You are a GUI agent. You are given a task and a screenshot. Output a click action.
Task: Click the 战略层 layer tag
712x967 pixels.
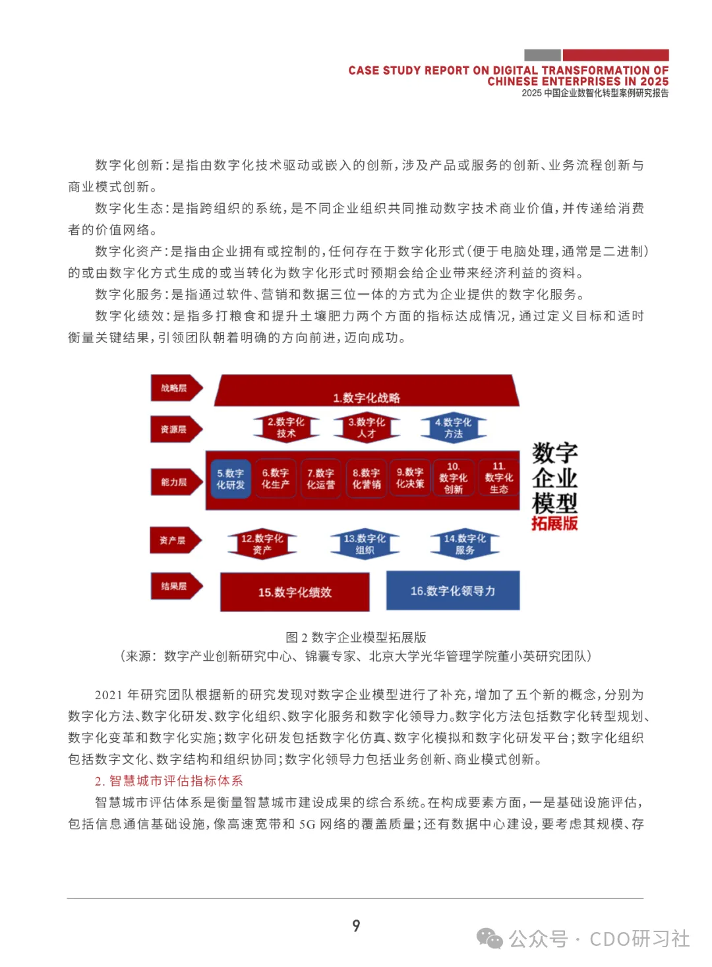[175, 389]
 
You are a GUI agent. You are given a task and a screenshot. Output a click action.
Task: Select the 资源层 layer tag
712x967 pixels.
[175, 429]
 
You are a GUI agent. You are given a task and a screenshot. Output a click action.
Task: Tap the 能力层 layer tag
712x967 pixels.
[175, 483]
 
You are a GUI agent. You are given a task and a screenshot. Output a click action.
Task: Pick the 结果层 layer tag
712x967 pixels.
[175, 586]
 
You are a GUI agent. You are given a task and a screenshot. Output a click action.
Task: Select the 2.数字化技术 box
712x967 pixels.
[286, 427]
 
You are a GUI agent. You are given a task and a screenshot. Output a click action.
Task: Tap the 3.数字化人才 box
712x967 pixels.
[367, 427]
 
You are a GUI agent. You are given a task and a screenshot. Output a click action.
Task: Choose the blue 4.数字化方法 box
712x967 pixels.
[454, 427]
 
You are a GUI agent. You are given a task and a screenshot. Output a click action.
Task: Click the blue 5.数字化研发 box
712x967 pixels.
[230, 479]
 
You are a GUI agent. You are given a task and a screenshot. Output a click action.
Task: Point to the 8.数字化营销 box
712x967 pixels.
[366, 479]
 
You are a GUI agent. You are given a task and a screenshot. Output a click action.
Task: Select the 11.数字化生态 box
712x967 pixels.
[498, 478]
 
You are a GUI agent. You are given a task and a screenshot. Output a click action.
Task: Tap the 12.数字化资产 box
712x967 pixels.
[262, 544]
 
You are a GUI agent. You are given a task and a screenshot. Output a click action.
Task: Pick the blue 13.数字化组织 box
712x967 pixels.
[365, 544]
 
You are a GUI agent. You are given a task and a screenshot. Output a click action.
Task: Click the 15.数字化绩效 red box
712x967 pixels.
[295, 592]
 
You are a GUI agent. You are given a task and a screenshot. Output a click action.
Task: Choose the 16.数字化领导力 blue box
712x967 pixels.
[453, 591]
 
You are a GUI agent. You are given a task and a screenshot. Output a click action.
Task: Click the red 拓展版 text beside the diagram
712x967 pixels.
[554, 524]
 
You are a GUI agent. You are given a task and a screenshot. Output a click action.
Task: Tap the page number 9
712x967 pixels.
[356, 926]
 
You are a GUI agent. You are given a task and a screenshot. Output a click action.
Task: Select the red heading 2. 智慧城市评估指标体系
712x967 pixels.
[169, 781]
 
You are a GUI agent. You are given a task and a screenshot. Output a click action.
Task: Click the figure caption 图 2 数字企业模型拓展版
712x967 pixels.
[356, 637]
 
